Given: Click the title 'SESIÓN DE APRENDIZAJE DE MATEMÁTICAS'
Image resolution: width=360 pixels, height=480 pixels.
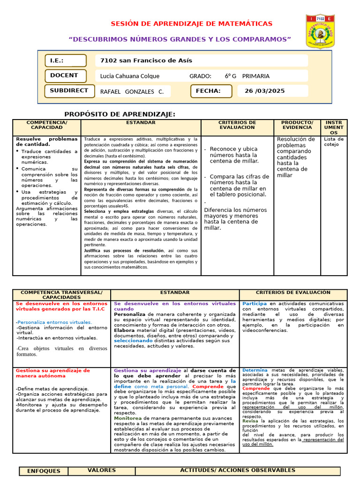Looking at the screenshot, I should point(191,24).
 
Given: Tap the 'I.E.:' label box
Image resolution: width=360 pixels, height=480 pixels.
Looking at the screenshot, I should point(66,61).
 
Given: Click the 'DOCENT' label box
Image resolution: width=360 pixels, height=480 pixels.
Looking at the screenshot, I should point(66,75).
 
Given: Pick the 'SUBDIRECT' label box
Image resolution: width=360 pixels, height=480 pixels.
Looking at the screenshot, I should point(66,90).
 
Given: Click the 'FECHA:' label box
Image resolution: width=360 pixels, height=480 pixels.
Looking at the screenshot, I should point(211,91).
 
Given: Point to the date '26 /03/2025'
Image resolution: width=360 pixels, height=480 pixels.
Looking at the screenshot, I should point(264,91).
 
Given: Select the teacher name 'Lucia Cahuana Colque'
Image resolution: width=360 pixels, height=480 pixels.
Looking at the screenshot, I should point(130,76).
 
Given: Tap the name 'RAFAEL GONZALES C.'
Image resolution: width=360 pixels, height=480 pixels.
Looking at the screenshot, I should point(132,91).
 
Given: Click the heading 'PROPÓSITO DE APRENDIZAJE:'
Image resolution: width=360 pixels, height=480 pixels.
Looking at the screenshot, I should point(120,114).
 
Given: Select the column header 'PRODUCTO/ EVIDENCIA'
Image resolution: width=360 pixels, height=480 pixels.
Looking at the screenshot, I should point(297,125).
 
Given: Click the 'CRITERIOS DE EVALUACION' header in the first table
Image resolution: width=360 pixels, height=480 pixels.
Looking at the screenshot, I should point(237,125).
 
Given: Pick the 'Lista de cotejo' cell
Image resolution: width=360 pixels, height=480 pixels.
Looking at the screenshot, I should point(334,142).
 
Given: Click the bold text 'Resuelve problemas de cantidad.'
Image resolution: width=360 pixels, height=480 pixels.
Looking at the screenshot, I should point(46,142).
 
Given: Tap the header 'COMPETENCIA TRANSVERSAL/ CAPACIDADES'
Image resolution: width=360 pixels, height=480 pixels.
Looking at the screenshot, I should point(61,295).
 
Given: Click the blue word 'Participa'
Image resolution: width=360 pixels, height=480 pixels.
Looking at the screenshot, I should point(255,304).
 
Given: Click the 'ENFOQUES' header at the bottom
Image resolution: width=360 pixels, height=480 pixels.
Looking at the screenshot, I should point(44,471).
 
